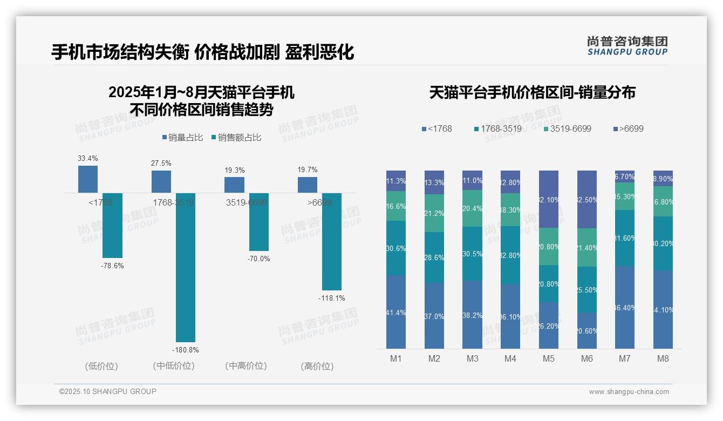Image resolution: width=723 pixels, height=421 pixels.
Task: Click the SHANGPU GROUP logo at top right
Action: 627,46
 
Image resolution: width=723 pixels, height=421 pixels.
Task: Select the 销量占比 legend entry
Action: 182,138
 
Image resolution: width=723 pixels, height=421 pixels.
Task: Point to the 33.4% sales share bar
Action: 88,179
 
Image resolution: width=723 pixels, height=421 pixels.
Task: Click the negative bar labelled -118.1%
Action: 332,241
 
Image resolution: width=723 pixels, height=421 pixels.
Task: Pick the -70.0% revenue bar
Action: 258,222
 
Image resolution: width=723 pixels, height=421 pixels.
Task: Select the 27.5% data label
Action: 161,163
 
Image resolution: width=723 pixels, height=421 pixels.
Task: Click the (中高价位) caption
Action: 245,366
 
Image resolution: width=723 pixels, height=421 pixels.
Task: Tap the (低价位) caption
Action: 101,366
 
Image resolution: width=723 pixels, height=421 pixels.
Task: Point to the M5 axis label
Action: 549,358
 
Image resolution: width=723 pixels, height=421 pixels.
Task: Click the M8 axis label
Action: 663,358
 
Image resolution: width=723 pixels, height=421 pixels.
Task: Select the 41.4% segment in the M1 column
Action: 396,312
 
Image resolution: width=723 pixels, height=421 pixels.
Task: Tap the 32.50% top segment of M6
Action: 587,199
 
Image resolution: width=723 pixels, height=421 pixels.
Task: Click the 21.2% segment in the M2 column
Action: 434,213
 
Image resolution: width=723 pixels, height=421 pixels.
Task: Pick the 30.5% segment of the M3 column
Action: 472,254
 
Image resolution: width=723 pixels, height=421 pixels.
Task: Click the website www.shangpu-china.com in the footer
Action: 629,392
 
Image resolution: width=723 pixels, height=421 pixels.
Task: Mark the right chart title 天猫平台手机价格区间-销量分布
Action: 532,93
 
